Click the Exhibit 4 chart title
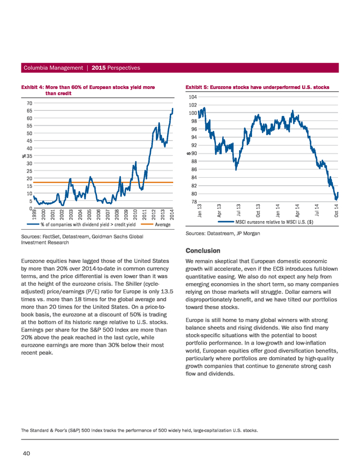pos(88,90)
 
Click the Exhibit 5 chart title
pos(257,87)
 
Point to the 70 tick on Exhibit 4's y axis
pos(29,103)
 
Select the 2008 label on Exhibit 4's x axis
pos(117,214)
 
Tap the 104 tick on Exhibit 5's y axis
pos(193,97)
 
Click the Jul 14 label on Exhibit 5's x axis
pos(317,210)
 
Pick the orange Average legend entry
pos(156,225)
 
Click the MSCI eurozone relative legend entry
pos(265,222)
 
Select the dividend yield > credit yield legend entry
pos(82,225)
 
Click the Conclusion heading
pos(203,250)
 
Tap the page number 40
pos(26,453)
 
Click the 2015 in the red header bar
pos(98,68)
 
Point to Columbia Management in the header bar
pos(53,68)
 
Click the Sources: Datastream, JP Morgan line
pos(223,234)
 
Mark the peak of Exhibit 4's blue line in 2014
pos(173,109)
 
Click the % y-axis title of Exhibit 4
pos(24,156)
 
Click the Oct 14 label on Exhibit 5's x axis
pos(336,210)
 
